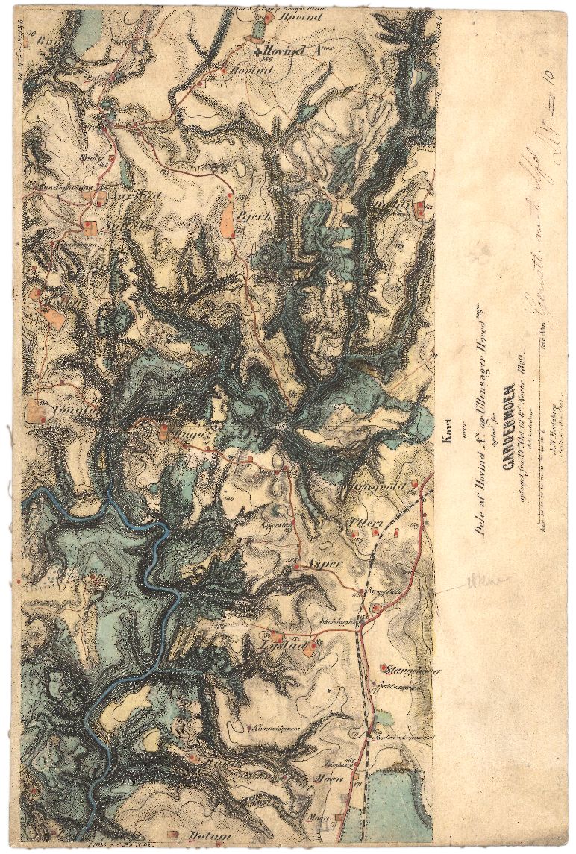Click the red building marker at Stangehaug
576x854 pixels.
click(384, 666)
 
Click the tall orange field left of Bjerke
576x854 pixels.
click(227, 217)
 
